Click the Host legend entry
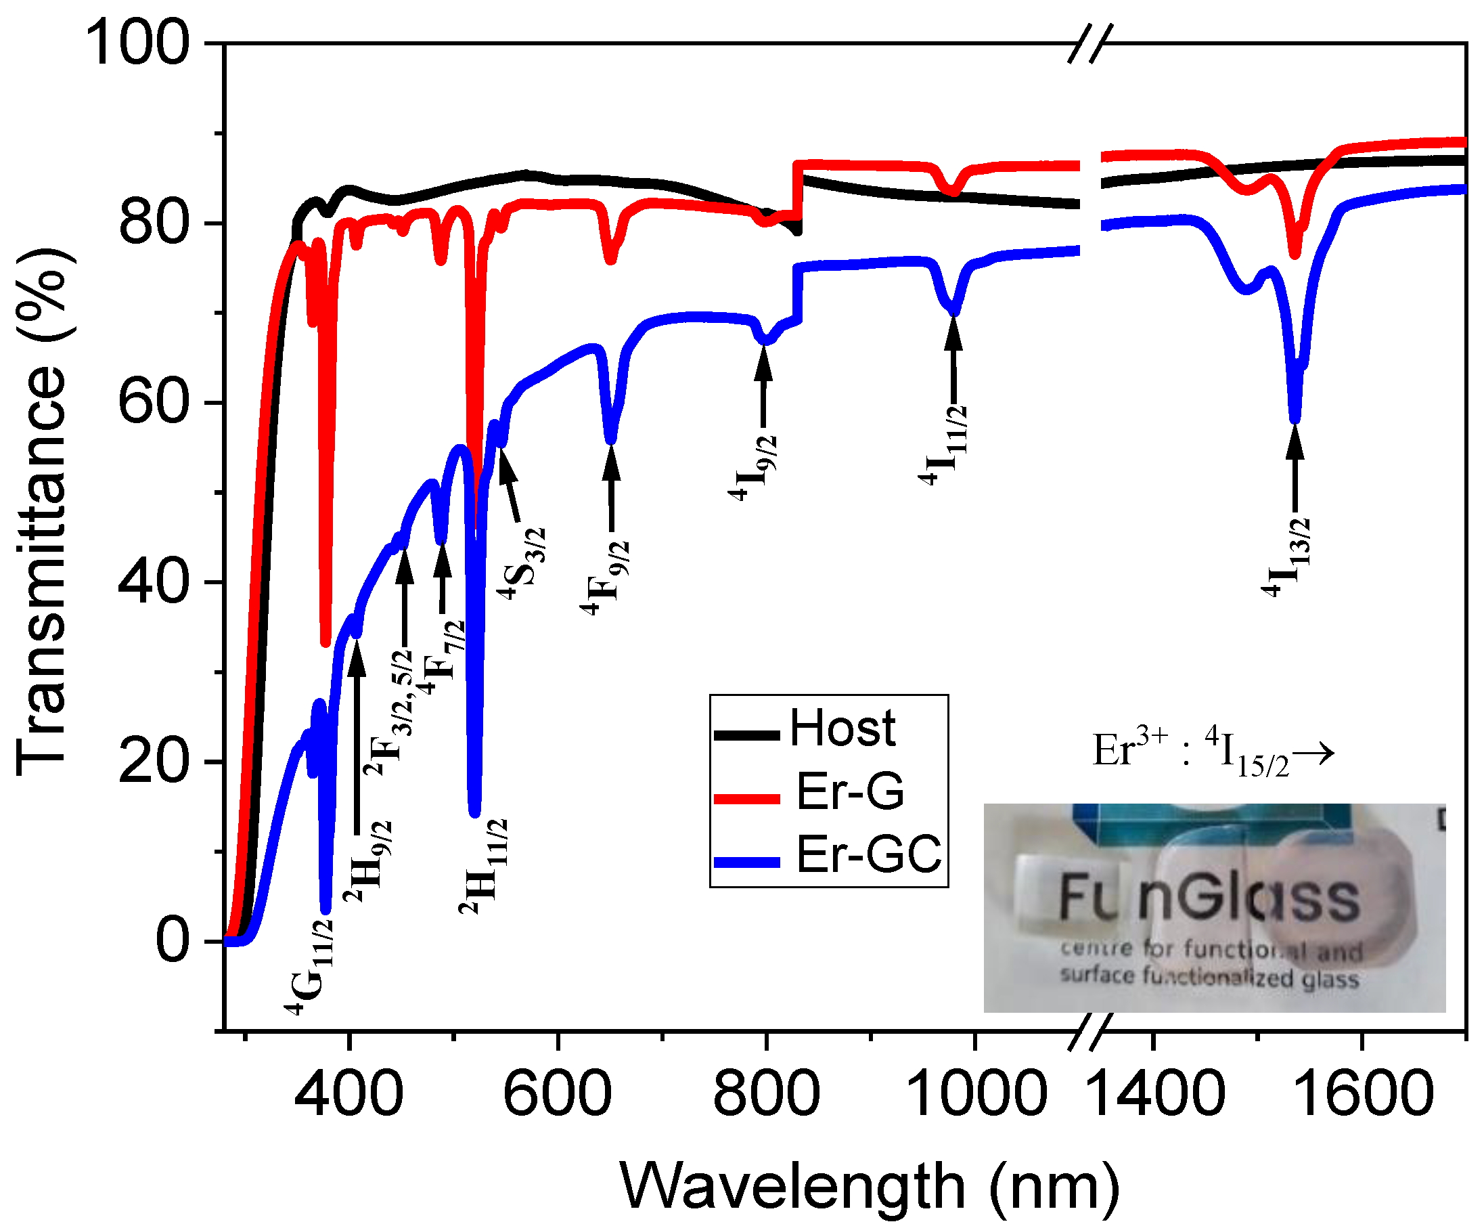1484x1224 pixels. coord(841,728)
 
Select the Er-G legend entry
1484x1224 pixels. coord(849,791)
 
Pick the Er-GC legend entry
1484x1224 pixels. coord(868,854)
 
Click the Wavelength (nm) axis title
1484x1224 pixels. coord(870,1186)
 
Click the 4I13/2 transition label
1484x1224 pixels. coord(1287,557)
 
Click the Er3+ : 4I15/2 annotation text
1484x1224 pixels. coord(1212,751)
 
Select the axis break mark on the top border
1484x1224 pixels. coord(1090,44)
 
